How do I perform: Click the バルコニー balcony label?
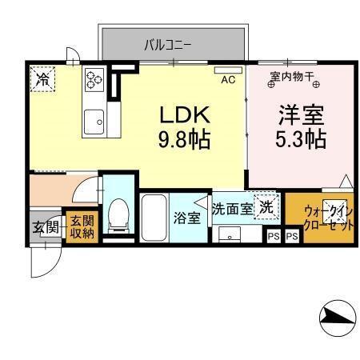(167, 44)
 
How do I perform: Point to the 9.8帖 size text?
(183, 141)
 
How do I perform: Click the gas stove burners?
(94, 78)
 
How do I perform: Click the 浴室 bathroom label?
(188, 218)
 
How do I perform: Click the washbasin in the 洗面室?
(230, 235)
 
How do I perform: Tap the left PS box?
(274, 236)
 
